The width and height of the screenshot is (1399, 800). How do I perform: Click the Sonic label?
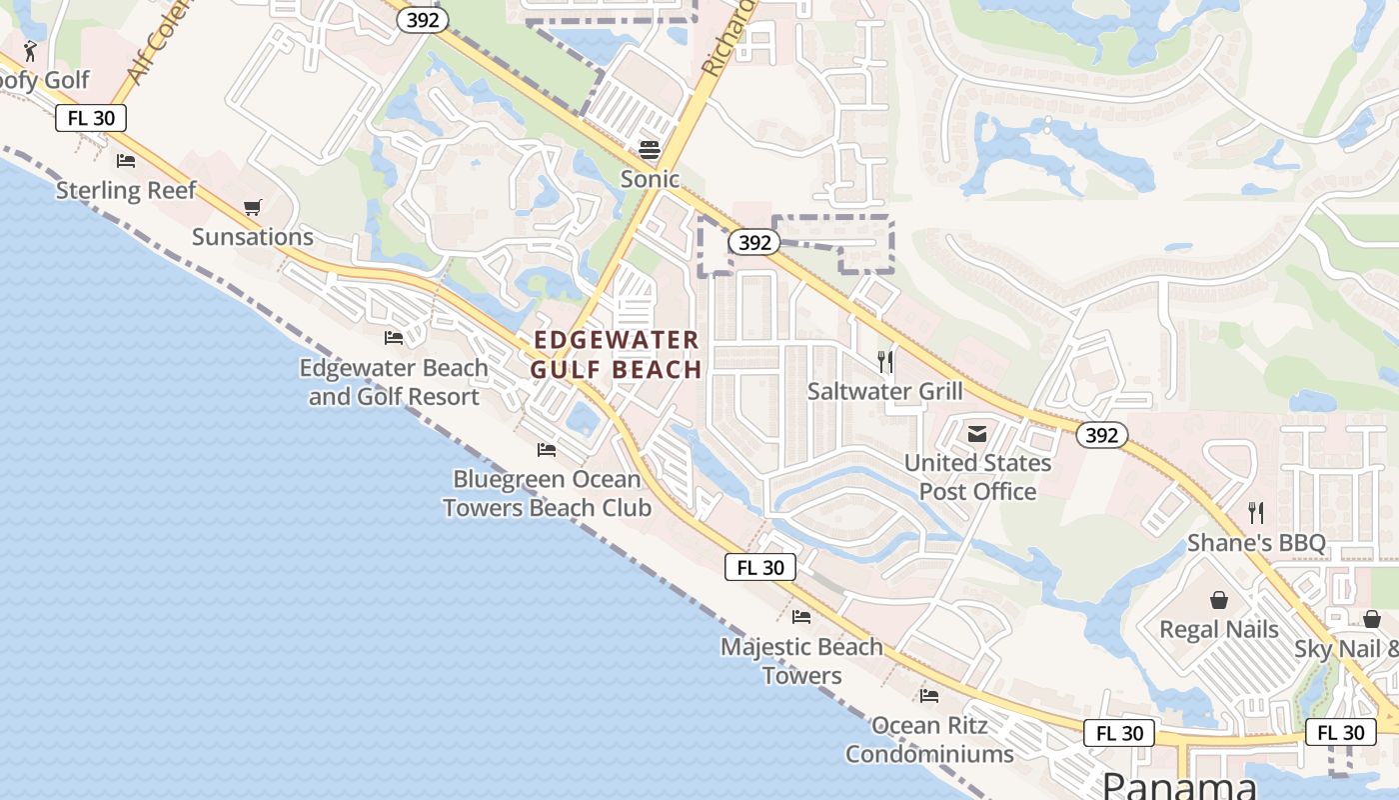tap(650, 179)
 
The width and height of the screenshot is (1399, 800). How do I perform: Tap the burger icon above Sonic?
tap(650, 150)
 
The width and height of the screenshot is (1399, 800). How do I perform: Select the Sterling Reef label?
tap(126, 190)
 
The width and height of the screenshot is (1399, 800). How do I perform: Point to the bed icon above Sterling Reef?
tap(126, 160)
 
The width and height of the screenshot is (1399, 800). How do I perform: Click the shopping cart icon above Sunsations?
tap(252, 208)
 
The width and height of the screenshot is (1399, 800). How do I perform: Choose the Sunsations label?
tap(252, 237)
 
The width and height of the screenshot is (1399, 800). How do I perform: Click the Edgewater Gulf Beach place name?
tap(616, 355)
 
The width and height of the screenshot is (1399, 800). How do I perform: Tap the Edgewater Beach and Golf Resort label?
tap(394, 382)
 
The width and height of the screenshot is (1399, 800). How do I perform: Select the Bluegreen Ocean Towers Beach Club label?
tap(547, 493)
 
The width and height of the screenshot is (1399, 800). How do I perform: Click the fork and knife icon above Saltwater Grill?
tap(885, 362)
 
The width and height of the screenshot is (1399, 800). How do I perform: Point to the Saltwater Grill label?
tap(885, 391)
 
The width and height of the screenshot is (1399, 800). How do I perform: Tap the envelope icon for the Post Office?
tap(977, 434)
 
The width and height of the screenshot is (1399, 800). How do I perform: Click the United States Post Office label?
tap(977, 477)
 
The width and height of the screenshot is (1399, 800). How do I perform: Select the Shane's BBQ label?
tap(1256, 543)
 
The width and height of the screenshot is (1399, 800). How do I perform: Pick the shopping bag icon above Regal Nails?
tap(1219, 600)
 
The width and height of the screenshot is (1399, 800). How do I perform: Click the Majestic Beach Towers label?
tap(801, 661)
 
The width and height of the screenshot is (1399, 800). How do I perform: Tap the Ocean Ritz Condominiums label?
tap(929, 739)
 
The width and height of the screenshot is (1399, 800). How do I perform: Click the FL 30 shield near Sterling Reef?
tap(91, 118)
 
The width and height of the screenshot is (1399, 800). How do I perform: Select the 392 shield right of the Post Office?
tap(1101, 435)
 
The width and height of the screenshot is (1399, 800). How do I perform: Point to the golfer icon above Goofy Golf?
tap(30, 51)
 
